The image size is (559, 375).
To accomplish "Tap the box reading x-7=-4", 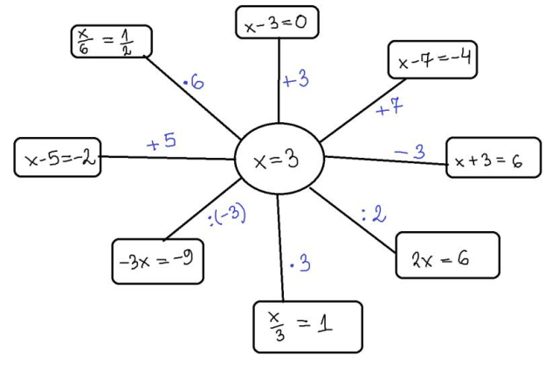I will click(432, 61).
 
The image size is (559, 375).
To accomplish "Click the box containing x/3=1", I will click(307, 325).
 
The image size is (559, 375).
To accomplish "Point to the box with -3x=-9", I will click(158, 260).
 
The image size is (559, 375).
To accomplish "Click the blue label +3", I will click(296, 81).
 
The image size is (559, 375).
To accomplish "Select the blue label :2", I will click(373, 214).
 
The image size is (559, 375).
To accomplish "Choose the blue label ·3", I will click(300, 263).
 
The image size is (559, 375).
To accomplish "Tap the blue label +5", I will click(162, 142).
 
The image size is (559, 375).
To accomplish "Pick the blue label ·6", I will click(193, 84).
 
